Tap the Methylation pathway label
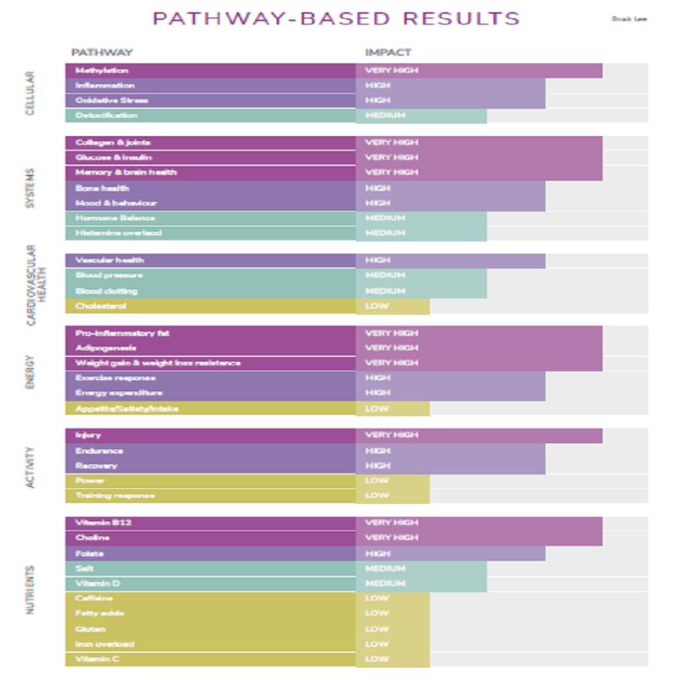[102, 71]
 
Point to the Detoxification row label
[106, 116]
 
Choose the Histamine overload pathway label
[118, 233]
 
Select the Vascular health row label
[110, 260]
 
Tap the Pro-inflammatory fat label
[122, 333]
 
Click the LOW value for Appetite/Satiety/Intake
[376, 409]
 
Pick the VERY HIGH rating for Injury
[391, 435]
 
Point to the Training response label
[115, 496]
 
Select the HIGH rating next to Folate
[377, 553]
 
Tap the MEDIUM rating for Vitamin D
[385, 584]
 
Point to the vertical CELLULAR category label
[31, 93]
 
